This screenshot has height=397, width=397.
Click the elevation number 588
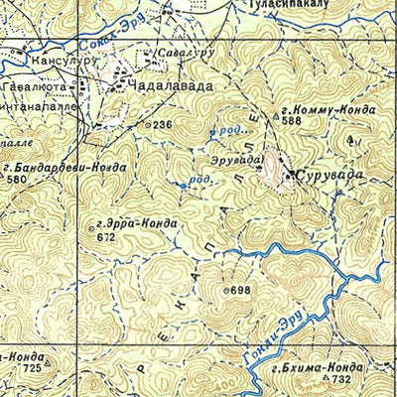[x=291, y=121]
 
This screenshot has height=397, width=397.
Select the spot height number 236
[x=163, y=124]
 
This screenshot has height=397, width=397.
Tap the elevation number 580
[x=17, y=180]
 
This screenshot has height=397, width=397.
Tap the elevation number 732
[x=342, y=380]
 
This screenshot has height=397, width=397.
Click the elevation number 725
[x=33, y=368]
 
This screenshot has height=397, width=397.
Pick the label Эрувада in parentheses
[x=236, y=159]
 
